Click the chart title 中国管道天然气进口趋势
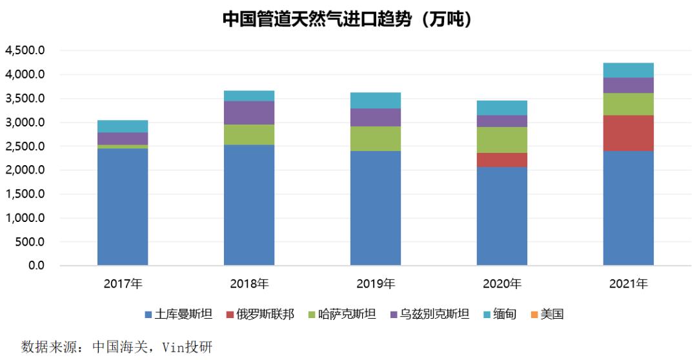[348, 19]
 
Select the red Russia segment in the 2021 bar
[628, 133]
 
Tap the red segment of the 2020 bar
[501, 160]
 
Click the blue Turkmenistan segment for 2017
[123, 206]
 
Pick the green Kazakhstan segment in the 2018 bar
[249, 134]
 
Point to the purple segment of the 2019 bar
[375, 117]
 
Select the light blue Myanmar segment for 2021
[628, 70]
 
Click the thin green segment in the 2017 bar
[123, 146]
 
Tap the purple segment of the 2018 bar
[249, 113]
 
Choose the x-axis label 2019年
[375, 284]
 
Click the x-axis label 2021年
[628, 284]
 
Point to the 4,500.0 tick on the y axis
[25, 51]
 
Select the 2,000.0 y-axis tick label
[25, 170]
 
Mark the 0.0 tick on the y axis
[35, 266]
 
